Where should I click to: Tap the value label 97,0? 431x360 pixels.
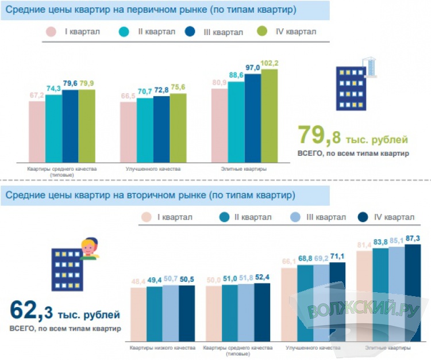tap(253, 68)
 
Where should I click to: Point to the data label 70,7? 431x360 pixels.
tap(145, 91)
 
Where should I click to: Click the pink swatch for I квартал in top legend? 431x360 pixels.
tap(51, 32)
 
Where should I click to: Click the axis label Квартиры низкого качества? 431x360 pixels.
tap(162, 348)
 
